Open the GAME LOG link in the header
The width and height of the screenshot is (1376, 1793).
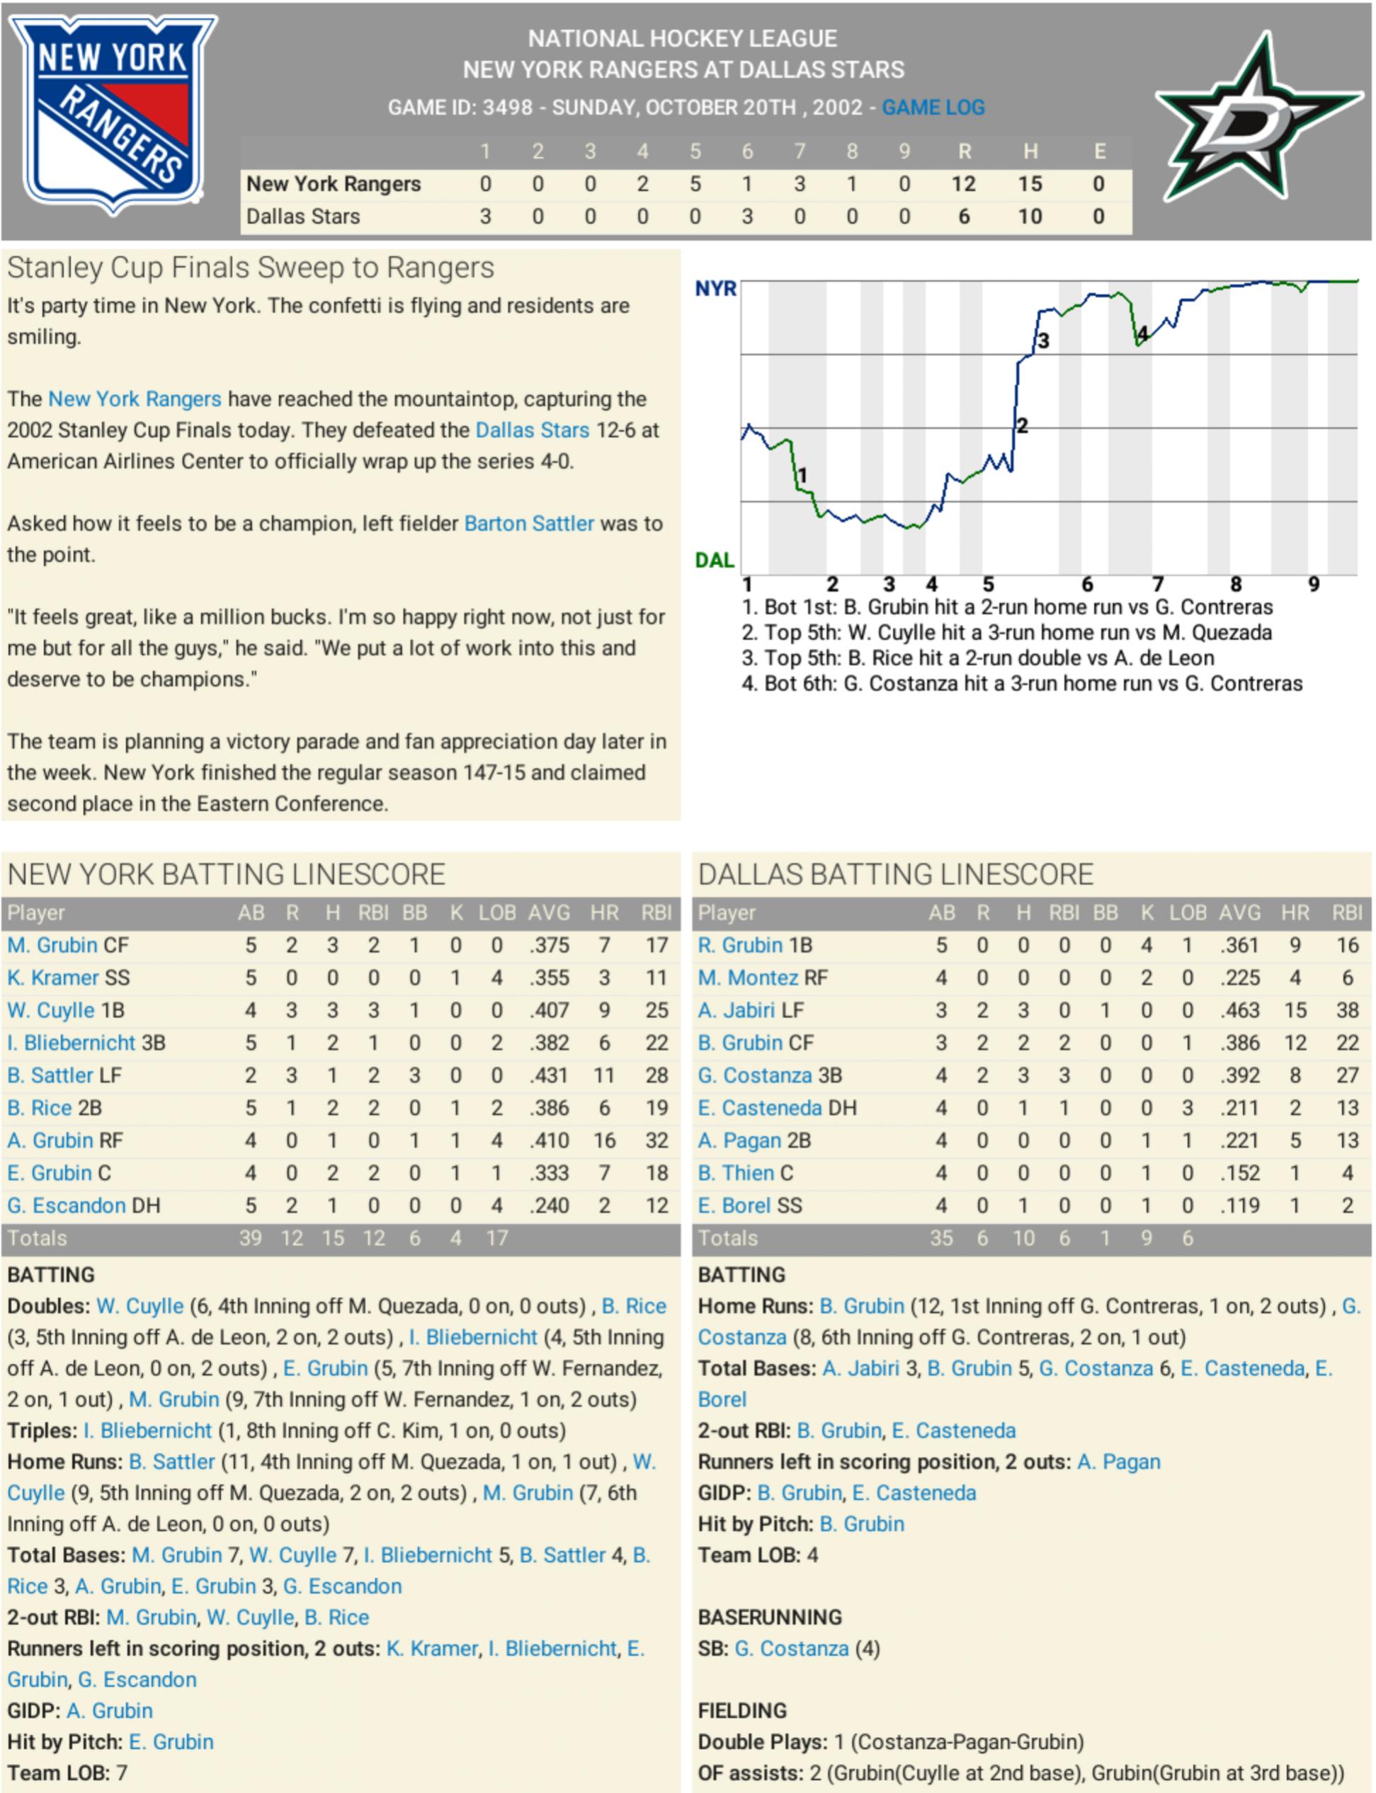point(933,108)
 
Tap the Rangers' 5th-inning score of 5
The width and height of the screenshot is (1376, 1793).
point(695,184)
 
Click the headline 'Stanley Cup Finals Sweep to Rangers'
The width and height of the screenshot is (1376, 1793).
point(251,268)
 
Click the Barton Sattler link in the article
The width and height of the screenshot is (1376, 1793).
point(528,523)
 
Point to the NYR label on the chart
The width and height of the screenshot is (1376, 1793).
point(715,289)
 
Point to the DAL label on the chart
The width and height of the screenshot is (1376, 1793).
point(715,560)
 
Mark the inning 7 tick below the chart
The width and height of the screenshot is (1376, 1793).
point(1157,584)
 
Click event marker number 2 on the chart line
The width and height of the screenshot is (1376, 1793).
point(1022,425)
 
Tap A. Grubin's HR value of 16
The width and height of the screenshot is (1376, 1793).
point(603,1140)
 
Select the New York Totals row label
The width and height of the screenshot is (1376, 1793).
point(38,1237)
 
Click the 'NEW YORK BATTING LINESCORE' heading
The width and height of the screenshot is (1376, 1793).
point(226,873)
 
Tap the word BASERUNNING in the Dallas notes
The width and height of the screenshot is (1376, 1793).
point(769,1616)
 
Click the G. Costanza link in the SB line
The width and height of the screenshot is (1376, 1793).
point(791,1647)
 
